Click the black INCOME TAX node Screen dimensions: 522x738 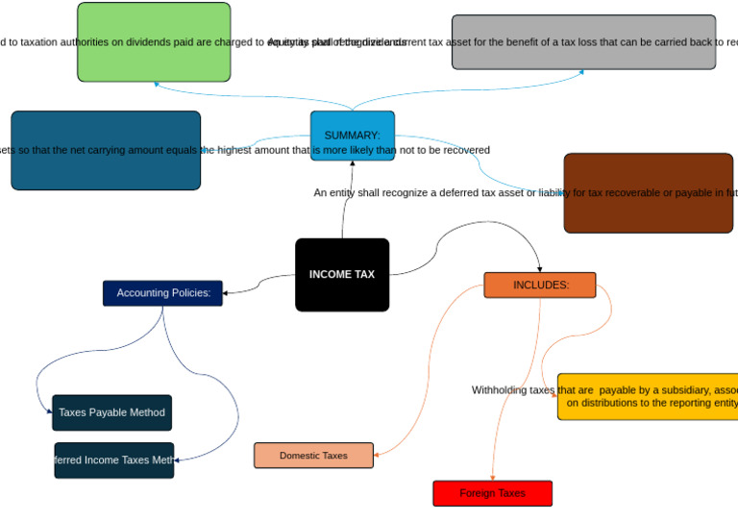(342, 275)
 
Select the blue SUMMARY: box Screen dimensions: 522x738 (352, 136)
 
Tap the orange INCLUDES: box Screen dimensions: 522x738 (539, 285)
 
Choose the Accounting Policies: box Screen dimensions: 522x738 (162, 293)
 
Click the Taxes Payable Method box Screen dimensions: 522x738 (111, 412)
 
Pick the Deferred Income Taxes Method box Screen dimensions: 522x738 (114, 460)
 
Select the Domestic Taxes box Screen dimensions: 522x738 (313, 456)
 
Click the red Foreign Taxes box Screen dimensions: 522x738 (492, 493)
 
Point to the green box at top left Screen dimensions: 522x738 (154, 42)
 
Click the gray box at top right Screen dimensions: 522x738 (583, 42)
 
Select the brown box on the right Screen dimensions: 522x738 (648, 193)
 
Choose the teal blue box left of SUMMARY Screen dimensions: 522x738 (106, 151)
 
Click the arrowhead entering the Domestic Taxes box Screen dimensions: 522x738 (378, 455)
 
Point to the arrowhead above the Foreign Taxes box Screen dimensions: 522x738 (492, 477)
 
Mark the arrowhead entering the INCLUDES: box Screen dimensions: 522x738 (539, 268)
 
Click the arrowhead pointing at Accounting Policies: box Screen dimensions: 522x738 (227, 292)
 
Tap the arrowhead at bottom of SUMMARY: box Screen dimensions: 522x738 (352, 164)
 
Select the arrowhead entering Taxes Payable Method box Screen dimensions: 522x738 (49, 412)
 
